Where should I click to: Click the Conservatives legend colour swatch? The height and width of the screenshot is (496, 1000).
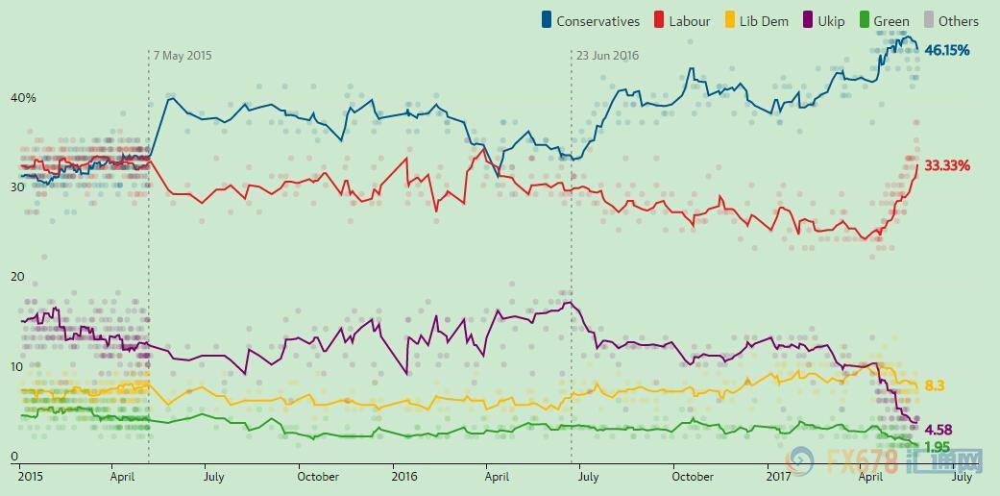pos(548,20)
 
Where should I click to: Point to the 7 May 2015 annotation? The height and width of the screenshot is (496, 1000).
pos(183,56)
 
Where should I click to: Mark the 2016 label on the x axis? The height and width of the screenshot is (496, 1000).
pos(403,476)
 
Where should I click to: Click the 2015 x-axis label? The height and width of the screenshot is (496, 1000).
pos(32,476)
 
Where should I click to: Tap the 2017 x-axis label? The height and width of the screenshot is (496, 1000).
pos(778,476)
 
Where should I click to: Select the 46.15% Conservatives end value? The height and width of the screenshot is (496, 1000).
pos(947,49)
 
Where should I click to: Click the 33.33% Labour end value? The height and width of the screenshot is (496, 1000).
pos(947,165)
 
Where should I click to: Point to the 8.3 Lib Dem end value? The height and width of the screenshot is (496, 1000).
pos(935,385)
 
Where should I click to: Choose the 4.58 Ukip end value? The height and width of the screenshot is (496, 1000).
pos(938,429)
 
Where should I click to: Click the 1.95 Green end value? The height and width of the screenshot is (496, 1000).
pos(938,448)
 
